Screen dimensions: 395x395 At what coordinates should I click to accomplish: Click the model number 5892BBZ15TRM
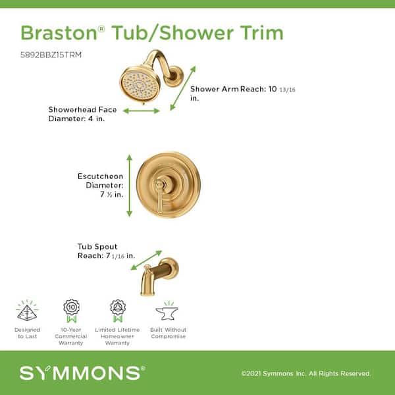(51, 55)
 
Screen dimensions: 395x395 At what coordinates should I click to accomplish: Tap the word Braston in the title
(59, 33)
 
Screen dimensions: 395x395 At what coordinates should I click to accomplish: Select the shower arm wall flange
(174, 76)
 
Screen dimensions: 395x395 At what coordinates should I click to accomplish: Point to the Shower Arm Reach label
(242, 93)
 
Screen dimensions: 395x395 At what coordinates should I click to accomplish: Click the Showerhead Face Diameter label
(82, 114)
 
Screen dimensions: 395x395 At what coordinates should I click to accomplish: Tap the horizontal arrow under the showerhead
(142, 111)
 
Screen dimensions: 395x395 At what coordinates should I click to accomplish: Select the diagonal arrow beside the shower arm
(183, 88)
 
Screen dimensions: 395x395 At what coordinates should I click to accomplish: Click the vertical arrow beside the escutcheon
(129, 186)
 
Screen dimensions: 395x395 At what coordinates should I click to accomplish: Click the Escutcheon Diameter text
(101, 185)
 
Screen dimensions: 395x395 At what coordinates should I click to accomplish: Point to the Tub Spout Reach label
(106, 251)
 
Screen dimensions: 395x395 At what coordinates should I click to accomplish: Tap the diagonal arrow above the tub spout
(146, 260)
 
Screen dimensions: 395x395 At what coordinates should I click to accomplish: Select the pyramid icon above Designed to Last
(27, 312)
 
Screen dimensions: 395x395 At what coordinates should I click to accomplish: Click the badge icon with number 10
(72, 311)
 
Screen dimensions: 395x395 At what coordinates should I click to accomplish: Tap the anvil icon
(167, 312)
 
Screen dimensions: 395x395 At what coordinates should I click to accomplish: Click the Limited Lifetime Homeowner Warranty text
(117, 336)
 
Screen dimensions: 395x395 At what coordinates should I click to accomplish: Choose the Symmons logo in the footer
(82, 373)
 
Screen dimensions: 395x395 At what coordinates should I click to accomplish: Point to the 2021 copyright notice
(306, 373)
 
